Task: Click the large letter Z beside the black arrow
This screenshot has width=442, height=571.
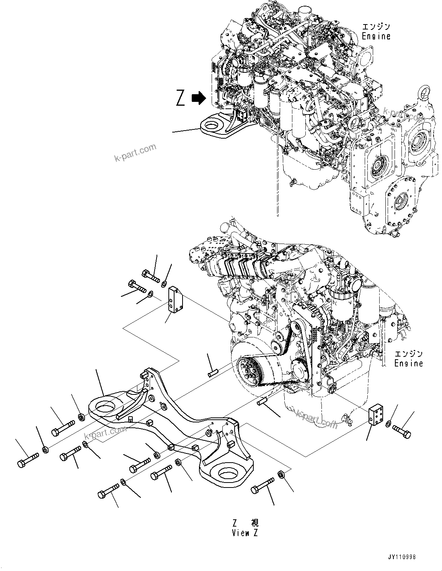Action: pyautogui.click(x=181, y=98)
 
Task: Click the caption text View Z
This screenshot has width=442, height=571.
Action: pyautogui.click(x=245, y=533)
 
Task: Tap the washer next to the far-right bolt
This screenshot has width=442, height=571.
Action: pyautogui.click(x=388, y=424)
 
